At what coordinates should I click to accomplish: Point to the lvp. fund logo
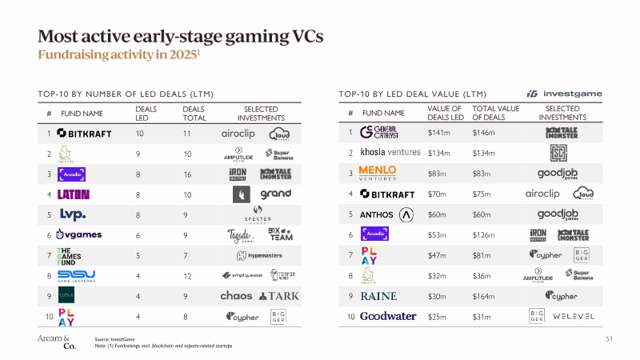click(x=73, y=214)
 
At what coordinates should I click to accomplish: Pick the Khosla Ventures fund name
click(x=390, y=152)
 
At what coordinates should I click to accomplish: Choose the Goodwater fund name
click(x=388, y=316)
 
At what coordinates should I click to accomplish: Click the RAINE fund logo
click(x=378, y=295)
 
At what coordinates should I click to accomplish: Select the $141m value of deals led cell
click(x=440, y=131)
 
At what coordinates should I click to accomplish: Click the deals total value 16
click(x=187, y=173)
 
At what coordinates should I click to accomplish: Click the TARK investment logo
click(x=280, y=296)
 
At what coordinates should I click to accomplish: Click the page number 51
click(x=609, y=339)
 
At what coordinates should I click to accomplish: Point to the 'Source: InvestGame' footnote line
click(x=117, y=339)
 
